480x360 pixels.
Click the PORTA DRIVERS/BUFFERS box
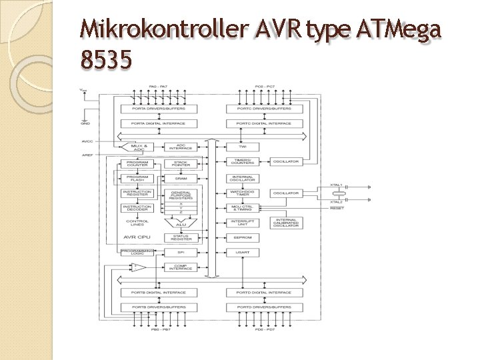[x=155, y=109]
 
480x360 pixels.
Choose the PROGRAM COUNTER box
[x=137, y=163]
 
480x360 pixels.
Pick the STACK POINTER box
[x=181, y=163]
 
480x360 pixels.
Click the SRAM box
[x=181, y=178]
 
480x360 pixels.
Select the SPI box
[x=181, y=253]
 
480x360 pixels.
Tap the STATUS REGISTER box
[x=181, y=237]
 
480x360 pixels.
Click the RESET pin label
[x=336, y=208]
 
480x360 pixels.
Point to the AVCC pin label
[x=87, y=141]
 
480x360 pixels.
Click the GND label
[x=84, y=123]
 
